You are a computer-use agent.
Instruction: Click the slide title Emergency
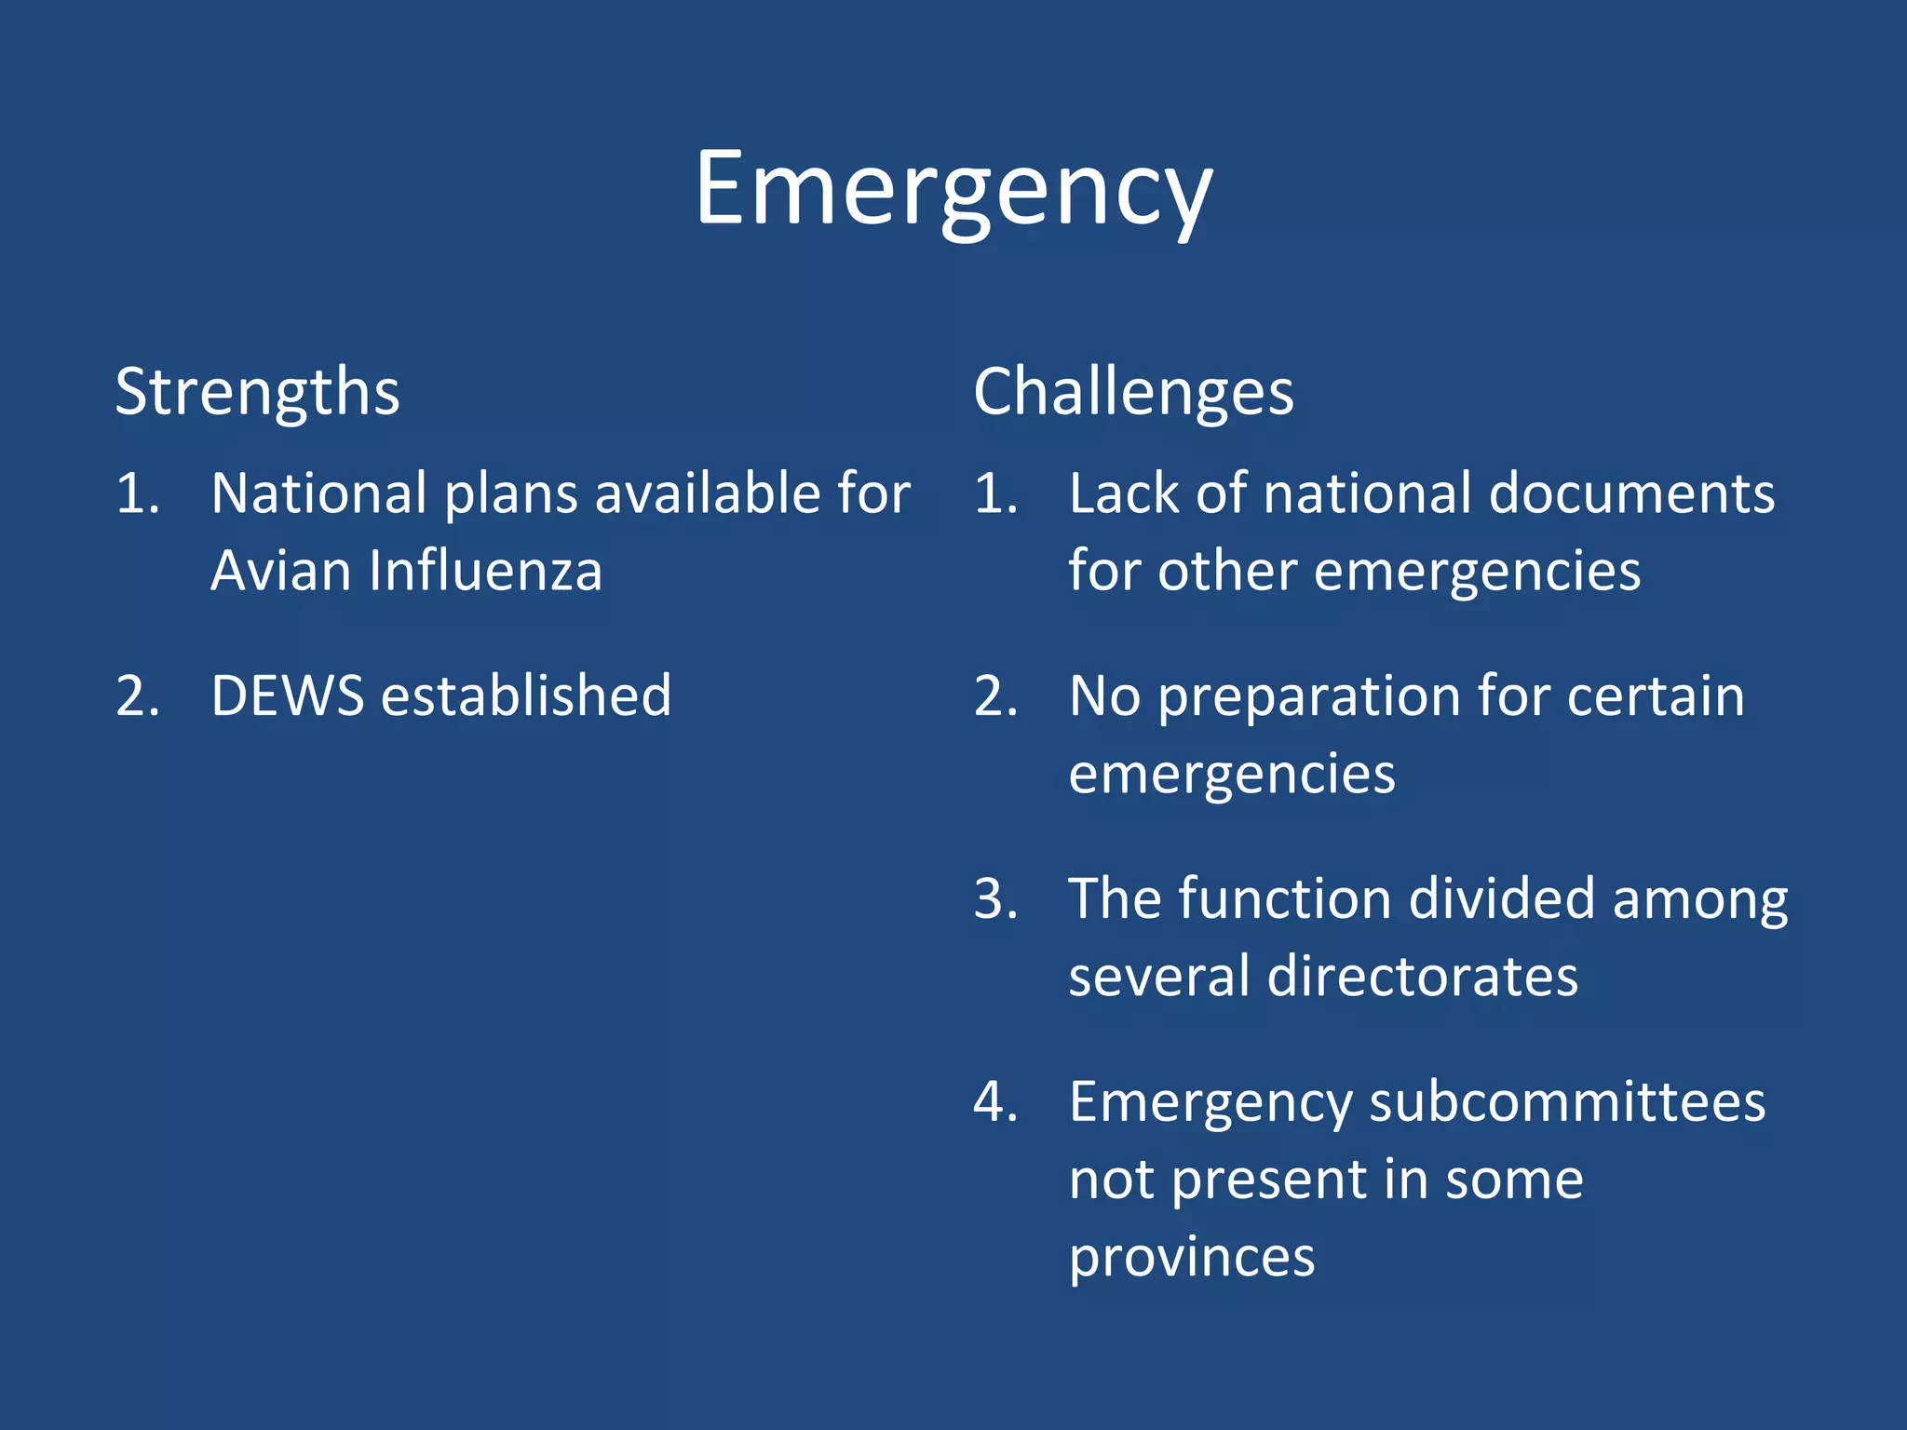(x=953, y=191)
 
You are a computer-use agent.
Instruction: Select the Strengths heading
(x=257, y=393)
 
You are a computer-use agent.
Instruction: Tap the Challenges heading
(x=1133, y=393)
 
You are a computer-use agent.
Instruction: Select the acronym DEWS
(x=287, y=695)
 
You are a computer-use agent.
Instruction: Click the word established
(x=526, y=695)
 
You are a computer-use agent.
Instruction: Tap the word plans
(x=511, y=494)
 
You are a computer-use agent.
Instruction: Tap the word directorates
(x=1422, y=977)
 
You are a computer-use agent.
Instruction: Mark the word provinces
(x=1191, y=1259)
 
